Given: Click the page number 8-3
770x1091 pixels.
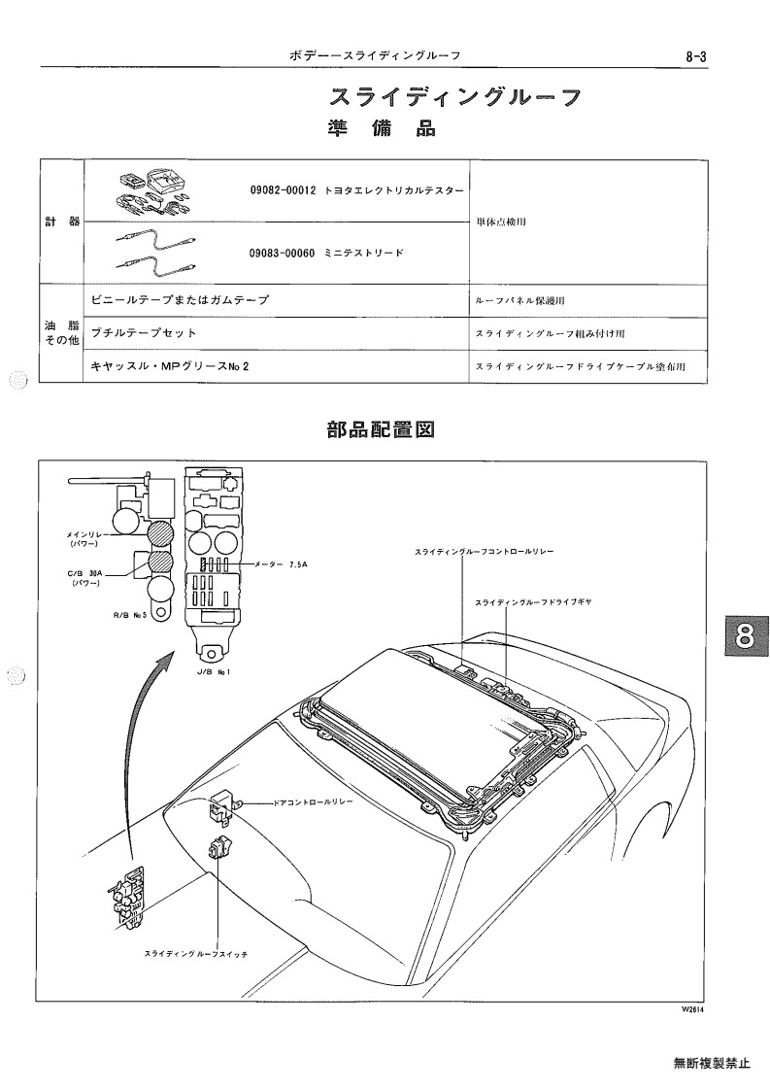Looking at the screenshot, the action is point(695,57).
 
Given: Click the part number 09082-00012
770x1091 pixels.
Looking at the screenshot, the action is point(283,189).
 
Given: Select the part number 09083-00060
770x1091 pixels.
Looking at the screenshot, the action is point(283,254).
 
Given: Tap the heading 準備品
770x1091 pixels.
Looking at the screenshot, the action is point(382,129).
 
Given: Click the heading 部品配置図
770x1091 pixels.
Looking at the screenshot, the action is point(382,430).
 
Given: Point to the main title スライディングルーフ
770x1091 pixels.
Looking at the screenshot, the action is point(455,97).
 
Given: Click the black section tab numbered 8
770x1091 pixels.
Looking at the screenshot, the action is point(744,636).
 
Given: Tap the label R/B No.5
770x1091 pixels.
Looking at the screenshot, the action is point(130,615).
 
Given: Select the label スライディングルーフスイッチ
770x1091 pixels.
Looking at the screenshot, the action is point(195,954).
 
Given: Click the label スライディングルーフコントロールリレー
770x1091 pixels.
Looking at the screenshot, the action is point(484,551).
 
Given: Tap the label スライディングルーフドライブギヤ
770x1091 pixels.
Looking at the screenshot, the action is point(533,602).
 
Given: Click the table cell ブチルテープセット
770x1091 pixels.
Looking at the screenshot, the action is point(144,332).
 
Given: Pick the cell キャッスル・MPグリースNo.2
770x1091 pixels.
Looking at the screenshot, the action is point(170,366).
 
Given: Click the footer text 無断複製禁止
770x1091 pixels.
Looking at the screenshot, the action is point(712,1063).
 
